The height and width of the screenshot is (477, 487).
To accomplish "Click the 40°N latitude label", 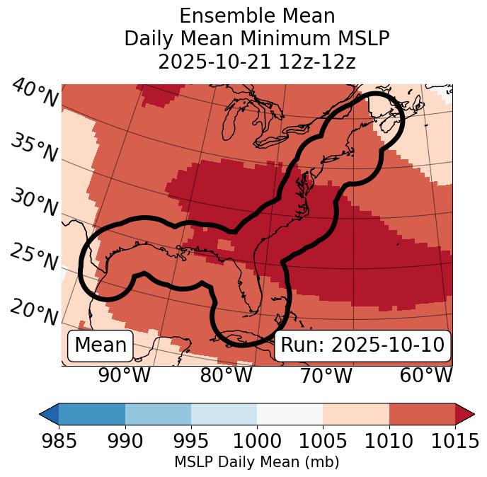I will pos(35,93).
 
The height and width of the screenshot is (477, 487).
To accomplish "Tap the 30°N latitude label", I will pos(33,203).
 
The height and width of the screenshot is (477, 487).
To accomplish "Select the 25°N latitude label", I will pos(33,258).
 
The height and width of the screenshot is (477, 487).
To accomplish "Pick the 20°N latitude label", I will pos(33,311).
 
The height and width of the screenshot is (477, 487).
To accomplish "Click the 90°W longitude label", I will pos(125,375).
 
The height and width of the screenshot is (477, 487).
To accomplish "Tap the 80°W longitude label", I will pos(226,375).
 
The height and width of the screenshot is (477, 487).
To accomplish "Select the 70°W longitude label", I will pos(326,375).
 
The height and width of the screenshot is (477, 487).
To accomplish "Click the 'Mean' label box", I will pos(101,345).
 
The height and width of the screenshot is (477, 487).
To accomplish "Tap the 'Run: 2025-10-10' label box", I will pos(362,345).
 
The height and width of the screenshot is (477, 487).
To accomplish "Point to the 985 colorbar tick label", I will pos(59,442).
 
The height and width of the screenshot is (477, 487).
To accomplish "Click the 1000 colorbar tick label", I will pos(257,442).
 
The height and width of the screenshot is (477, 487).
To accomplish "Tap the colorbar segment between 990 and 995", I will pos(158,413).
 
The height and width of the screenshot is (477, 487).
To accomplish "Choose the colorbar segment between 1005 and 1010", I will pos(356,413).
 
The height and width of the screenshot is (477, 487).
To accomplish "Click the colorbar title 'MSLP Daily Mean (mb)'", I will pos(257,463).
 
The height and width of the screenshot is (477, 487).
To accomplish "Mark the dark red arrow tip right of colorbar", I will pos(466,413).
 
